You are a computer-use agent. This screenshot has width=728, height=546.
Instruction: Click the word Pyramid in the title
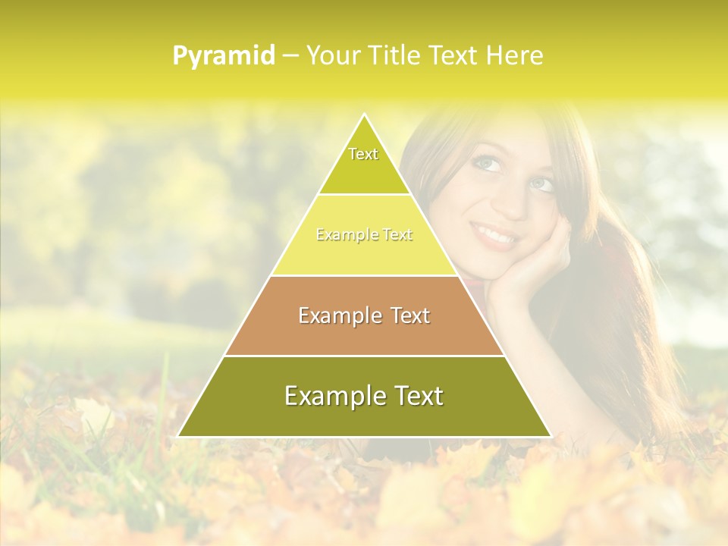tap(224, 55)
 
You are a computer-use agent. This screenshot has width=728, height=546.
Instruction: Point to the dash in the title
tap(290, 55)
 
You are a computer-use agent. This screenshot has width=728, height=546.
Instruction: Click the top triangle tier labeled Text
tap(364, 163)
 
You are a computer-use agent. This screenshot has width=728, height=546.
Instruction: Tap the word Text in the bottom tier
tap(416, 396)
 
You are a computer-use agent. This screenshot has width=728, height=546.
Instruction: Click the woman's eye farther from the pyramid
tap(541, 184)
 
